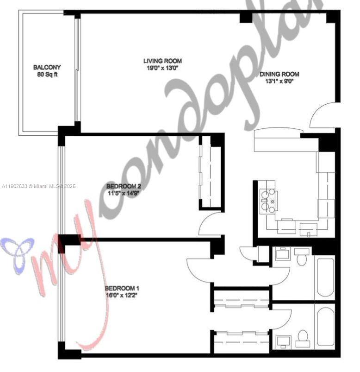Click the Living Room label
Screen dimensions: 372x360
pyautogui.click(x=162, y=61)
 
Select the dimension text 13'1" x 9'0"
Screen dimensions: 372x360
pyautogui.click(x=279, y=81)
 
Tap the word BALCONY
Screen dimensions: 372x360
pyautogui.click(x=47, y=67)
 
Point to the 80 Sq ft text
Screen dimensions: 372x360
pyautogui.click(x=47, y=75)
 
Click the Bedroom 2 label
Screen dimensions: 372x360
pyautogui.click(x=124, y=186)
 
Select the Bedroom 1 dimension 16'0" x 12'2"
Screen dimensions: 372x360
pyautogui.click(x=121, y=295)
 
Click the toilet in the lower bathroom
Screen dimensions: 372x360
pyautogui.click(x=304, y=336)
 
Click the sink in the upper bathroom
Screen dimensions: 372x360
pyautogui.click(x=282, y=253)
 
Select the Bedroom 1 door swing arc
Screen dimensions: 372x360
pyautogui.click(x=198, y=269)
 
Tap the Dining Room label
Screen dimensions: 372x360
pyautogui.click(x=279, y=74)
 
